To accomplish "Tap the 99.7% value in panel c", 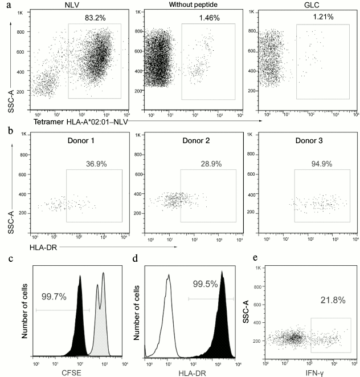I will [55, 297].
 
